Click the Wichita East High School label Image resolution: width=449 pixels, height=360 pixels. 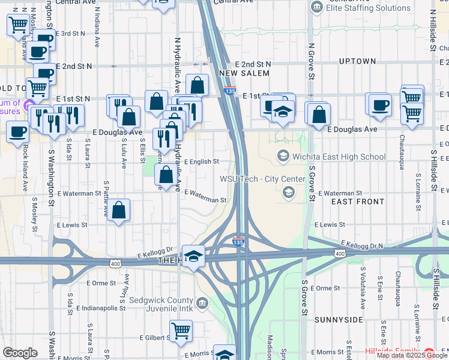[339, 157]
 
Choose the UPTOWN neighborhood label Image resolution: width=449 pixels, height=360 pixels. [357, 61]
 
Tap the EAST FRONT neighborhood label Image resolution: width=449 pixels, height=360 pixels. [357, 202]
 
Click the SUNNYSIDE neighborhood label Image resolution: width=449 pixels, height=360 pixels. [339, 319]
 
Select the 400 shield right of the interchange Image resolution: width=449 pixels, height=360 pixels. [340, 254]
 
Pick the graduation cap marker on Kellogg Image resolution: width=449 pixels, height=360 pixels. [194, 256]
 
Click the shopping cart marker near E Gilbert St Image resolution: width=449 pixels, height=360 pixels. [181, 330]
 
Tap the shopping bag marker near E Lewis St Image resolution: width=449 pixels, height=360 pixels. [119, 210]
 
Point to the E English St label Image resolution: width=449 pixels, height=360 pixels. [201, 161]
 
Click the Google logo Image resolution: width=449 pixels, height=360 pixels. [20, 353]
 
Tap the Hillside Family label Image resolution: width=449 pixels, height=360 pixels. [393, 350]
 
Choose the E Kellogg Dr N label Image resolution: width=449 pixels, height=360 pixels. [361, 245]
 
